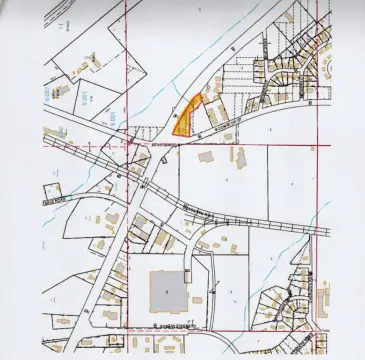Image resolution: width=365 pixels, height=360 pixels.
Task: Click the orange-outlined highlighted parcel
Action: (185, 117)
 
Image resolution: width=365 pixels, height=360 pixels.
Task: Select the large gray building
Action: (167, 291)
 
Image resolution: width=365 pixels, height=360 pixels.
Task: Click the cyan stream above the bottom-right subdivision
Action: (290, 245)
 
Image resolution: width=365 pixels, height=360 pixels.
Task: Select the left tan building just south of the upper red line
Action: (207, 157)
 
